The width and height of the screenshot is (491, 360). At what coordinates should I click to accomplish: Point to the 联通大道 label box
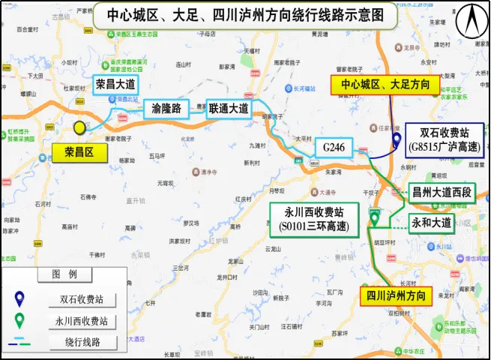pyautogui.click(x=229, y=109)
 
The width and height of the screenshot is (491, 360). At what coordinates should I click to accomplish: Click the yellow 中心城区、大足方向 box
pyautogui.click(x=385, y=85)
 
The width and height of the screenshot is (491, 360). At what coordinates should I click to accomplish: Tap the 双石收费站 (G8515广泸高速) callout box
pyautogui.click(x=443, y=138)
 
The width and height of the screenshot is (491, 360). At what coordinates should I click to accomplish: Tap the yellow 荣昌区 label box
pyautogui.click(x=78, y=152)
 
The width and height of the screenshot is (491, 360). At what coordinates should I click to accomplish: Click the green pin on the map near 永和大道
pyautogui.click(x=374, y=218)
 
